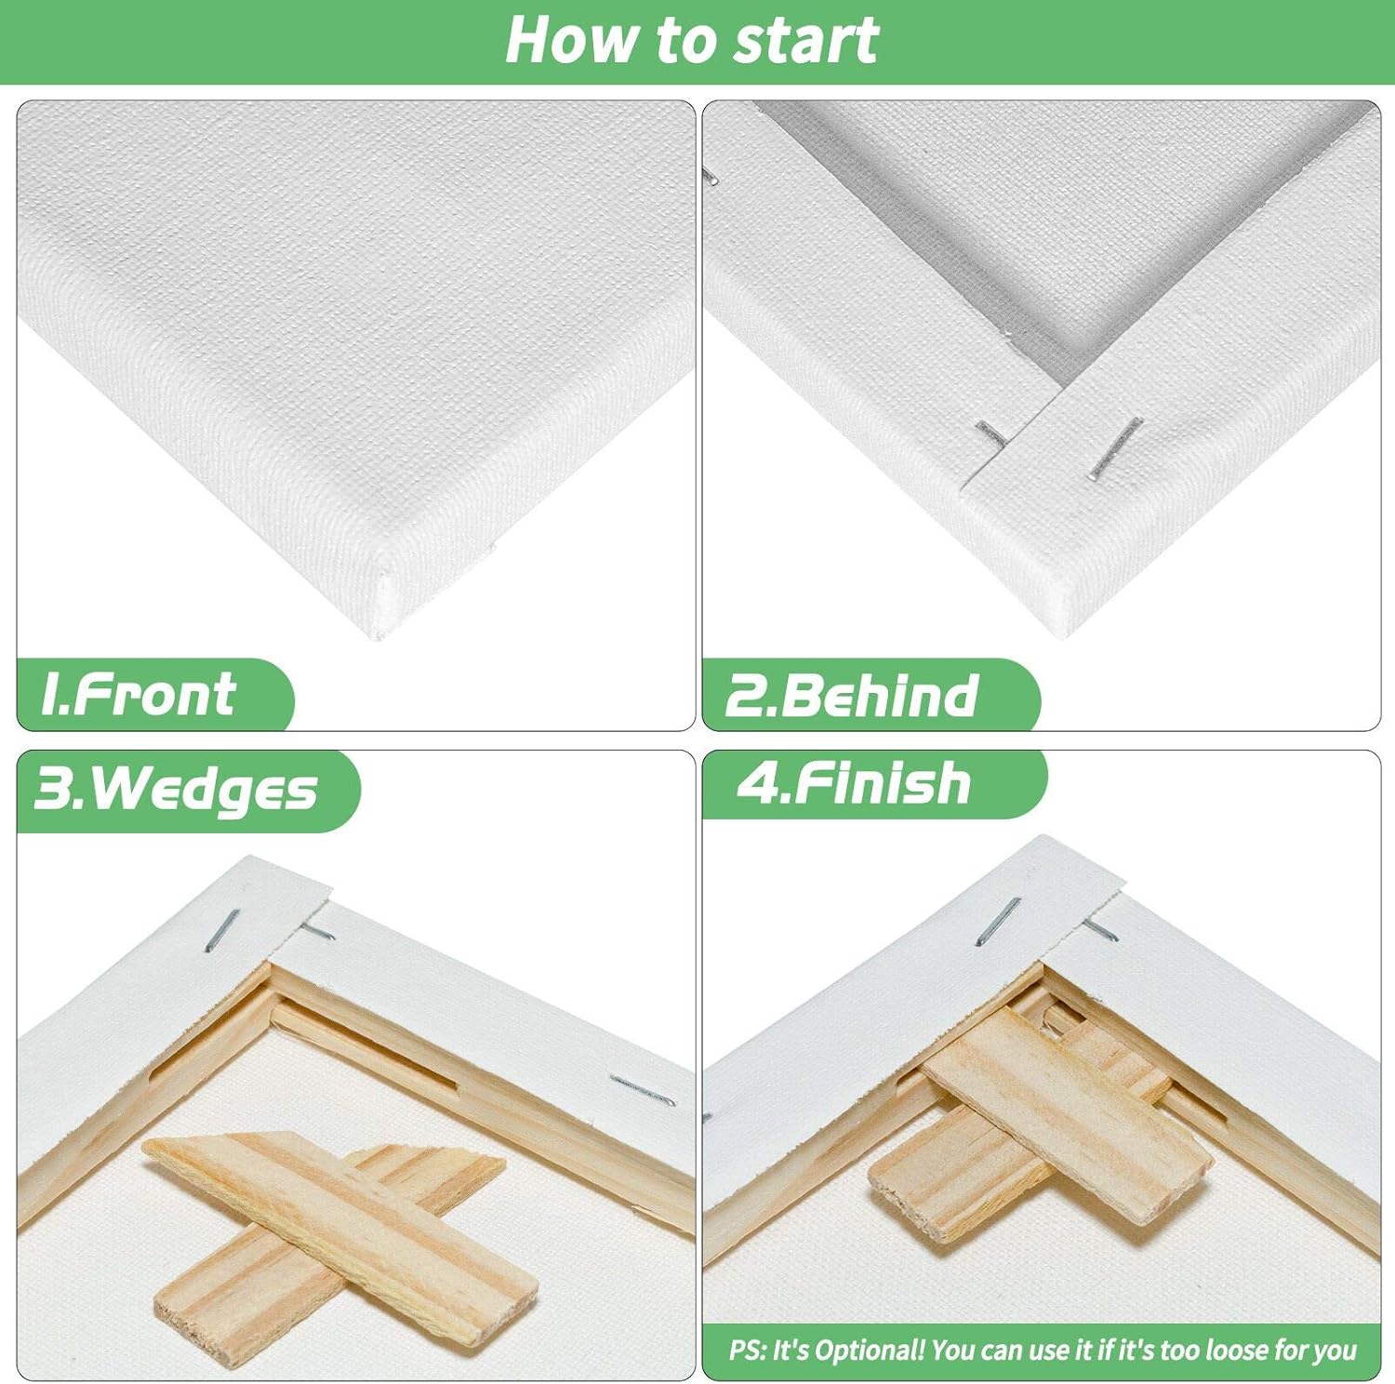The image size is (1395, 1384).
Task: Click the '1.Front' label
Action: tap(139, 695)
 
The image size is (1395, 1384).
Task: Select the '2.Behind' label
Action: tap(852, 696)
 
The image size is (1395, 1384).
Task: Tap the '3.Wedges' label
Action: tap(177, 790)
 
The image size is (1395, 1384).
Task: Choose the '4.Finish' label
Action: tap(856, 783)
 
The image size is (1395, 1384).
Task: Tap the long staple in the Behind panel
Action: tap(1116, 448)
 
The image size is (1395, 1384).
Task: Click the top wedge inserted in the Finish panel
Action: tap(1069, 1116)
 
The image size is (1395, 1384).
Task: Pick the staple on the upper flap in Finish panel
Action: tap(998, 921)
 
